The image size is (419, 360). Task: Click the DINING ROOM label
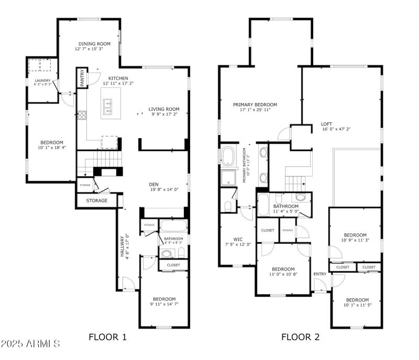click(x=94, y=44)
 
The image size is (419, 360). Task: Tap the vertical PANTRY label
click(x=82, y=77)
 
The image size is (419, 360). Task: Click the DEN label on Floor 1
click(x=153, y=184)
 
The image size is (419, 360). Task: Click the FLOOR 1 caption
click(x=107, y=337)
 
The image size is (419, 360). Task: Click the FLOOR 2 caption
click(x=300, y=337)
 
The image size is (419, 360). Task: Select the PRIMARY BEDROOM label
click(x=255, y=105)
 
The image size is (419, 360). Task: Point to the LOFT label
click(x=326, y=125)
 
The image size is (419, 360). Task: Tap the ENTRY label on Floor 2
click(x=319, y=274)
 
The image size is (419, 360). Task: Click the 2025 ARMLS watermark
click(x=30, y=344)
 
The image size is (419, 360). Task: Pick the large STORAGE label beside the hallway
click(x=97, y=200)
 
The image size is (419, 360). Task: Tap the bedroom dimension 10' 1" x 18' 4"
click(x=52, y=148)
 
